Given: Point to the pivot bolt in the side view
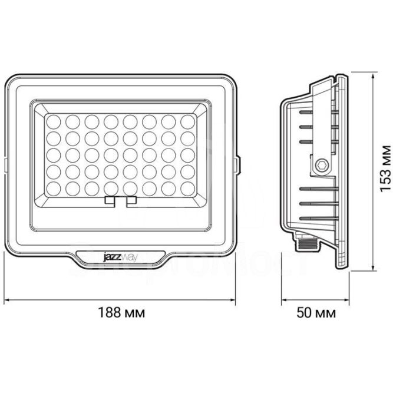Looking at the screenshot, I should (321, 166).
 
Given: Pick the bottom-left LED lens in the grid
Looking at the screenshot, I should (54, 189).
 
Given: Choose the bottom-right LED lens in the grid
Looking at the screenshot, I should (188, 189).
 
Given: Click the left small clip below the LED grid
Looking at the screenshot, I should (110, 201).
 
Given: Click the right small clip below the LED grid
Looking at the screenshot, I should (131, 201).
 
